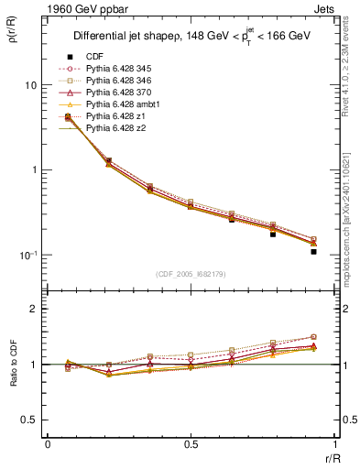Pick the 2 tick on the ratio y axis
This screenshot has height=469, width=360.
(x=33, y=309)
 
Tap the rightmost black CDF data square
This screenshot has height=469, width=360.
(x=313, y=251)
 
